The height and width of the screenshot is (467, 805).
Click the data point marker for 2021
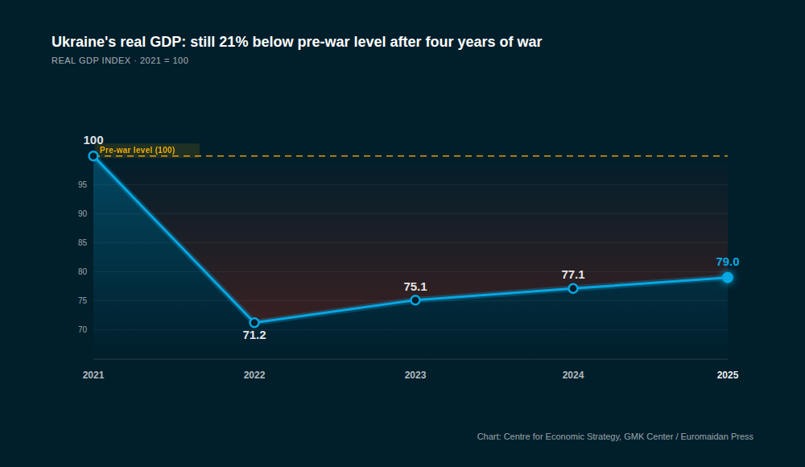(x=93, y=155)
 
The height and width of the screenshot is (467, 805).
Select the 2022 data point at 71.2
(x=254, y=322)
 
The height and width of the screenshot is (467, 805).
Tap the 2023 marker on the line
(x=415, y=300)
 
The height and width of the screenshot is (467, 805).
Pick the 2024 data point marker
(x=573, y=288)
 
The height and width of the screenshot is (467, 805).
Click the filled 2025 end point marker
(x=728, y=277)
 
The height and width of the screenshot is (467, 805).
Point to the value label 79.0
(x=728, y=262)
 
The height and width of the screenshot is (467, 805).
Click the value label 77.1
(x=573, y=275)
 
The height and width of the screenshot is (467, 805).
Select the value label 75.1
(x=415, y=287)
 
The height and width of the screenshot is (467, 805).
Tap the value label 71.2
(x=254, y=335)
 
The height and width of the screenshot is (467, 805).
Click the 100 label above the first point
(x=93, y=140)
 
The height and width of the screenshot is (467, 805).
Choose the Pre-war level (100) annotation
(x=138, y=151)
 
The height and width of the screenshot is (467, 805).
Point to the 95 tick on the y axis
(x=82, y=184)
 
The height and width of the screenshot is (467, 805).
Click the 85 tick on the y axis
(x=82, y=242)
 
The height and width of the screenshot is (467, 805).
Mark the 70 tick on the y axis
(x=82, y=329)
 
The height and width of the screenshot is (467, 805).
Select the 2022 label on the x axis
(x=254, y=375)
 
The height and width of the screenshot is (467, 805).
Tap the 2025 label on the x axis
(x=728, y=375)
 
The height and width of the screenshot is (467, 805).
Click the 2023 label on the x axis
(x=415, y=375)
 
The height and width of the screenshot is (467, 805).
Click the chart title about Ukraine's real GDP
(x=297, y=42)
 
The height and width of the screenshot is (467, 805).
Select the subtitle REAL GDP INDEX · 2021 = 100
(x=120, y=60)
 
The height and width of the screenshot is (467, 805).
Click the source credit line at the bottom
(x=615, y=436)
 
